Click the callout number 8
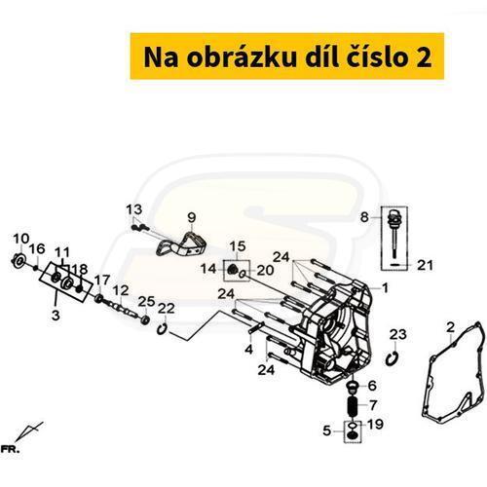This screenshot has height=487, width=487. tap(364, 217)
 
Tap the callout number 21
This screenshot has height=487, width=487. tap(425, 265)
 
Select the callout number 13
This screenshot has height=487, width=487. tap(134, 209)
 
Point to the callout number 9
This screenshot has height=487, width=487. tap(192, 217)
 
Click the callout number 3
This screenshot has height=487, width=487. tap(56, 315)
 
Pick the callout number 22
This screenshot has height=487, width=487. tap(167, 309)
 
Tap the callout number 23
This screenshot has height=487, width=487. tap(398, 334)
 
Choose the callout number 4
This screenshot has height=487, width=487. tap(249, 350)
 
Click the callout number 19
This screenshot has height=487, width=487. tap(375, 424)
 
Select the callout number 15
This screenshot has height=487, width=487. tap(238, 246)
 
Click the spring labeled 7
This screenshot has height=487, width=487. tap(353, 406)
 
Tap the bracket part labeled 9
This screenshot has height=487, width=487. tap(182, 246)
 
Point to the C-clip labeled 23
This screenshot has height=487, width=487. tap(393, 359)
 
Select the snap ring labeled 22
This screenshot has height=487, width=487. tap(162, 329)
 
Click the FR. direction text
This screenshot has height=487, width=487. tap(10, 450)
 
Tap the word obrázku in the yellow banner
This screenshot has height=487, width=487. tap(242, 57)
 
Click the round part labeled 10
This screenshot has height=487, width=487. tap(19, 261)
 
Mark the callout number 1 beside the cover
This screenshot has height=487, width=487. tap(385, 288)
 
